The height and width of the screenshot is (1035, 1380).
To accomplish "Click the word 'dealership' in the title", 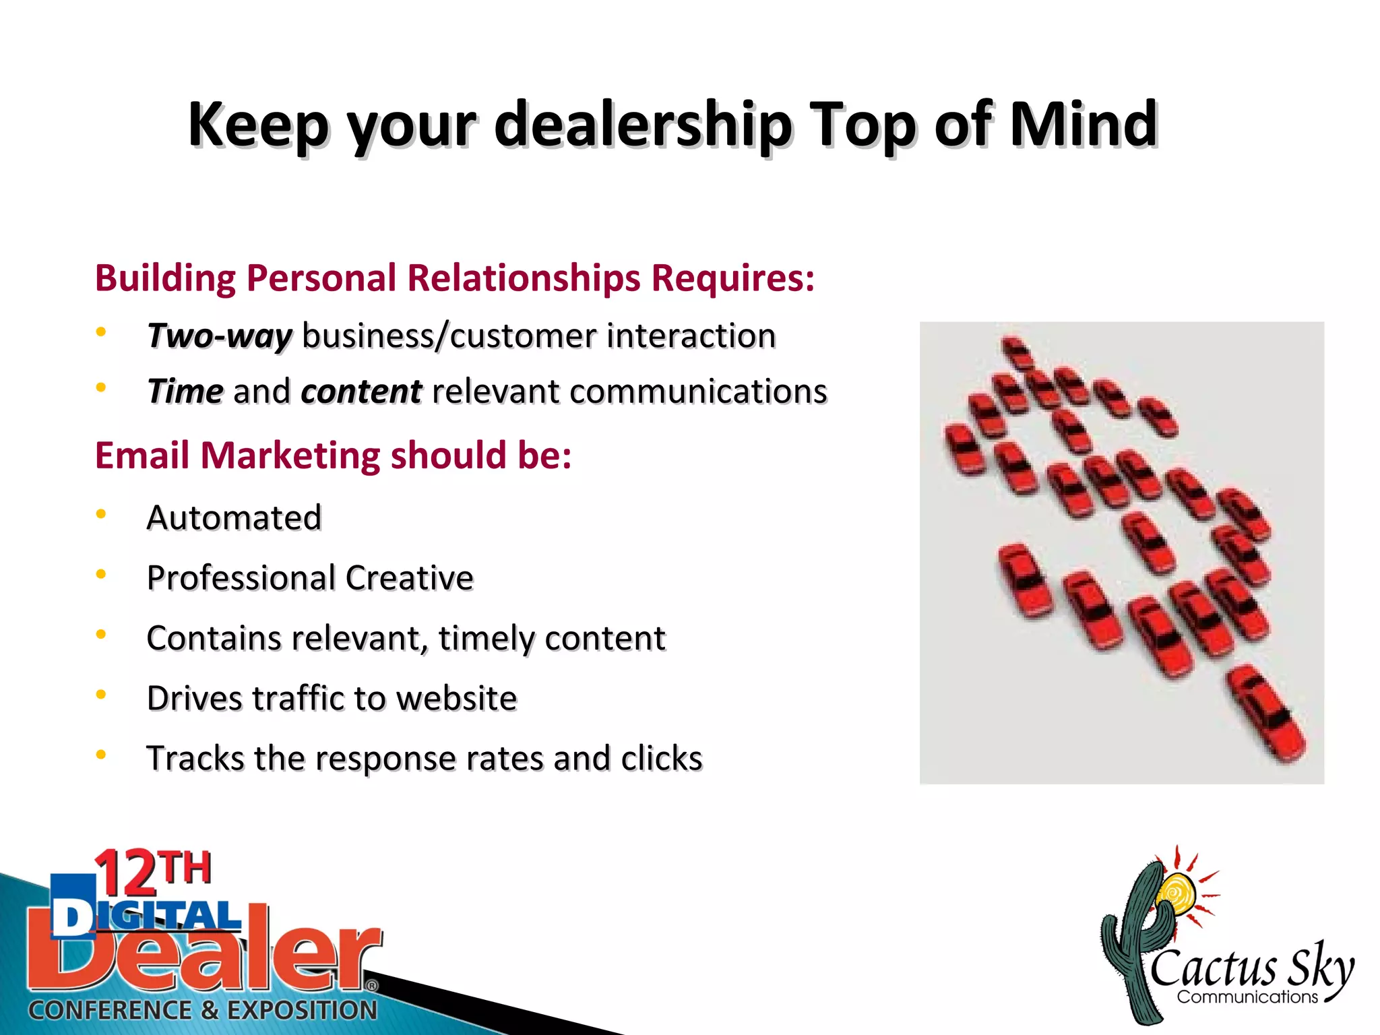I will [643, 125].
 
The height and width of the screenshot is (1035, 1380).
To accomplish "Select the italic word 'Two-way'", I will [220, 336].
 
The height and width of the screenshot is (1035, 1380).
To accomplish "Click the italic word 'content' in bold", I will [361, 391].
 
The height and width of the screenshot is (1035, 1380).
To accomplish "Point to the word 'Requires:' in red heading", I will [733, 278].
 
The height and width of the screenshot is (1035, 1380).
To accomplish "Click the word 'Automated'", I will [234, 517].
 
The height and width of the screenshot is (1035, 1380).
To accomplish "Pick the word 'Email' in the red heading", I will [142, 455].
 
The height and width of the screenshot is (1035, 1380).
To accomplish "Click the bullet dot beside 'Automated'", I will [101, 515].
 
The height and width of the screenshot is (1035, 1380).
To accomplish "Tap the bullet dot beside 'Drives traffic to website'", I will [101, 695].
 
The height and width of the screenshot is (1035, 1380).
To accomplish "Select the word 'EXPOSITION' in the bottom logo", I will [302, 1010].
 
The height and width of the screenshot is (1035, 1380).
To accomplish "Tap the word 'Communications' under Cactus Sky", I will [1247, 997].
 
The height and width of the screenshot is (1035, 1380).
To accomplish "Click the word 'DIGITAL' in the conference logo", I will [146, 917].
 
